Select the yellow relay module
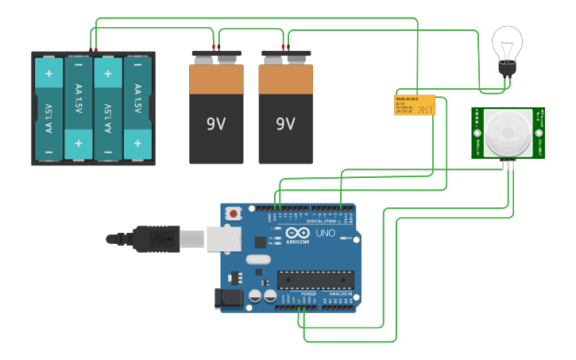coord(415,105)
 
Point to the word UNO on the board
coord(326,234)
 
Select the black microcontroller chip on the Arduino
coord(315,280)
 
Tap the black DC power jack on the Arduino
coord(228,298)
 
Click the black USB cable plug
coord(156,238)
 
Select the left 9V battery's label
coord(216,124)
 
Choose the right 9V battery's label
coord(285,124)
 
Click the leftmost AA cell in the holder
coord(48,109)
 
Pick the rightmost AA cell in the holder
coord(137,109)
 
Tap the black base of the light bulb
coord(507,69)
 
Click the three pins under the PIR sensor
coord(509,164)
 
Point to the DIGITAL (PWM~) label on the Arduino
coord(325,221)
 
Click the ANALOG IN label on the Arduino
coord(338,293)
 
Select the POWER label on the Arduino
coord(308,293)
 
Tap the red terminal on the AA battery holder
coord(96,50)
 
